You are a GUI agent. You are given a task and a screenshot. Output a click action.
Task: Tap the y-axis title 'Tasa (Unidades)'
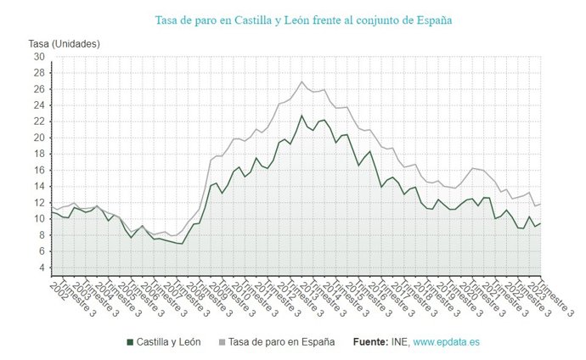coord(63,43)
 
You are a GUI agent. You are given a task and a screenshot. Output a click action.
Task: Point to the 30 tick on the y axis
coord(38,57)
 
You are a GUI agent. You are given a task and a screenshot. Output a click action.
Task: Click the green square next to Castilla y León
coord(129,342)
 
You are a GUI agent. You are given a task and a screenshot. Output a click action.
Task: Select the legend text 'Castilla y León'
coord(170,342)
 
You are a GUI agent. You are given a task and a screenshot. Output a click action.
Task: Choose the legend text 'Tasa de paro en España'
coord(282,342)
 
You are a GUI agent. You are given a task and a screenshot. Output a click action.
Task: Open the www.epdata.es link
coord(446,342)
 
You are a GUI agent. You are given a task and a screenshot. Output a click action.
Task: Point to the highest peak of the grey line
coord(301,82)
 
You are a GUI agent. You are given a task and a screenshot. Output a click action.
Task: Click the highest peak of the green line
coord(301,115)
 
